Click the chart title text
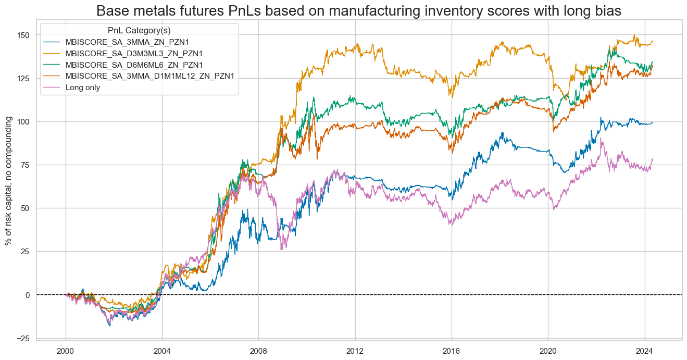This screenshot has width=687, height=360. [359, 11]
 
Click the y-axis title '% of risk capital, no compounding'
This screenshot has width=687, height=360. [8, 181]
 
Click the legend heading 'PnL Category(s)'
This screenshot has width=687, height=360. [139, 30]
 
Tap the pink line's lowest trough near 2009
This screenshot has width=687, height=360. [282, 250]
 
